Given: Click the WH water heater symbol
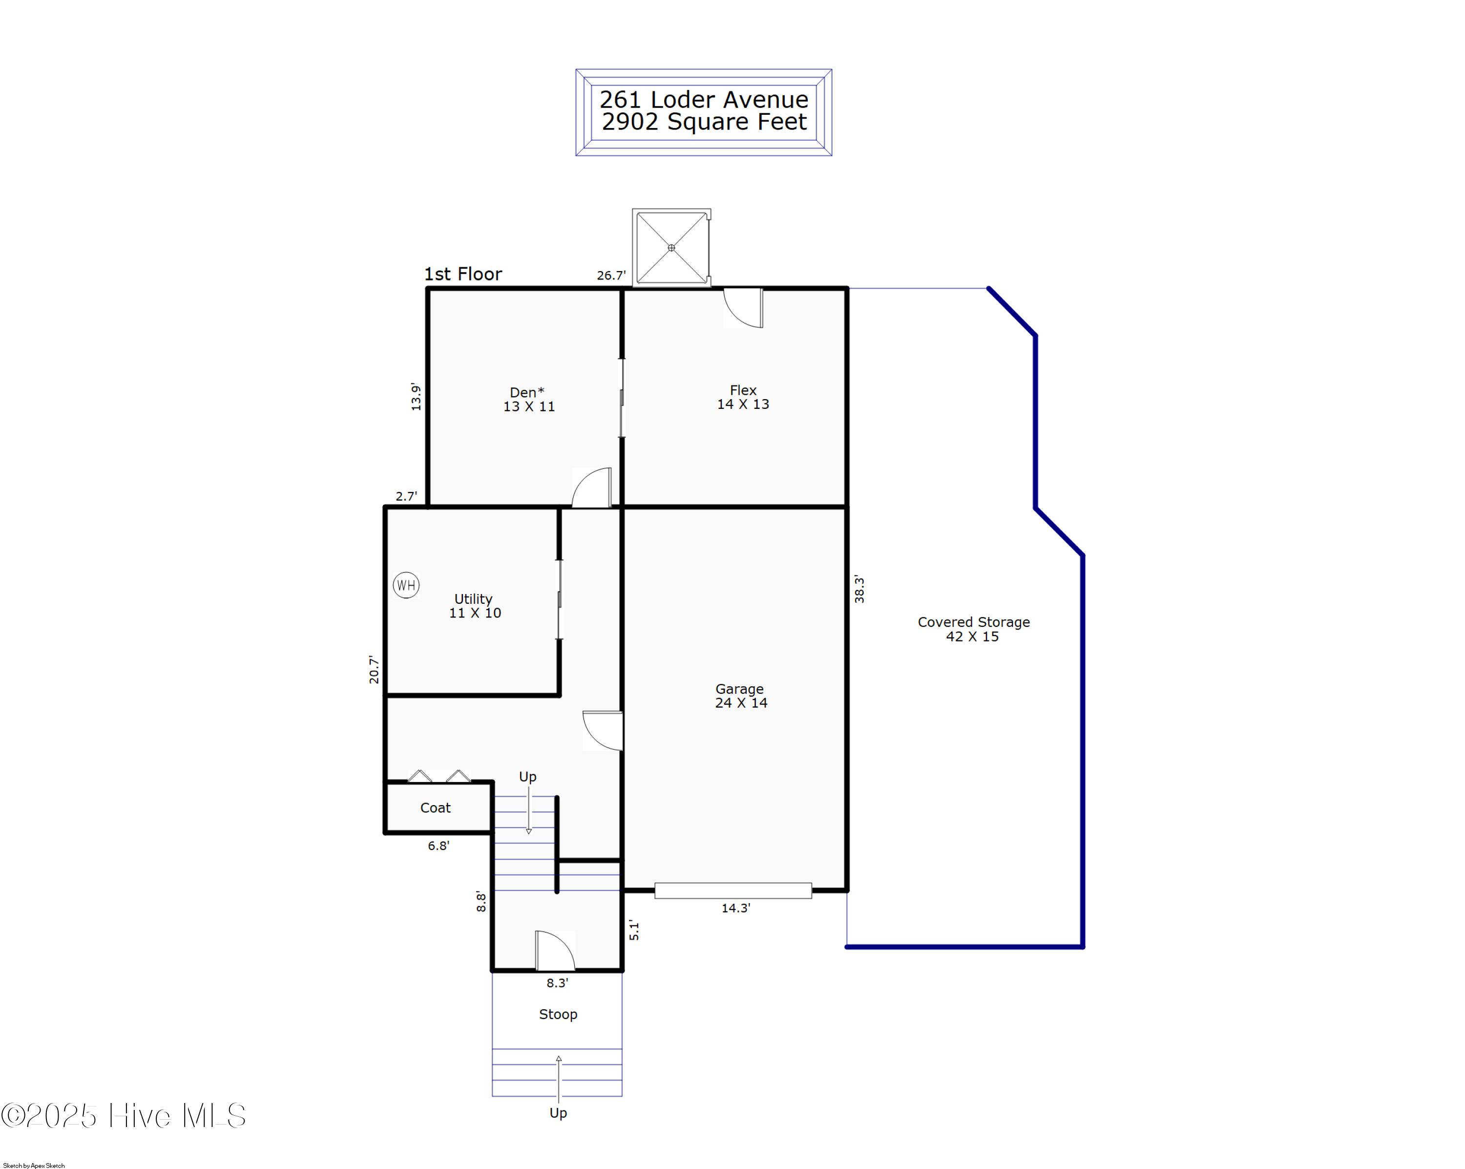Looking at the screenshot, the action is click(x=406, y=585).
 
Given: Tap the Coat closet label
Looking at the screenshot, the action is click(x=435, y=808).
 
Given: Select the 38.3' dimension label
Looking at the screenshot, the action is click(x=859, y=589).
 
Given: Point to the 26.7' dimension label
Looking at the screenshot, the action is click(x=611, y=275).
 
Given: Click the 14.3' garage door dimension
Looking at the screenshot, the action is click(x=736, y=908).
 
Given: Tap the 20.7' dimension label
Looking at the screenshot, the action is click(x=374, y=669).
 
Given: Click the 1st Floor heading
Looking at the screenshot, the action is click(x=463, y=274).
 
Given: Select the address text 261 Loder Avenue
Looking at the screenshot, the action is click(x=704, y=100).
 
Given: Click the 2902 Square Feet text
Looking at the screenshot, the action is click(x=704, y=122).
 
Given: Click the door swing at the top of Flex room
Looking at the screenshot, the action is click(x=743, y=308).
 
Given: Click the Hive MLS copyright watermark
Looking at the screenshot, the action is click(x=123, y=1116).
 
